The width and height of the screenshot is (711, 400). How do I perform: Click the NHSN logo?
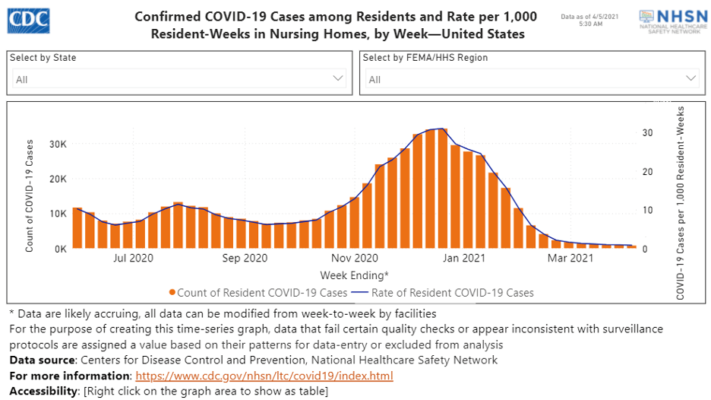click(x=668, y=21)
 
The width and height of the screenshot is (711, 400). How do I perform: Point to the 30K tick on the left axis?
click(x=58, y=144)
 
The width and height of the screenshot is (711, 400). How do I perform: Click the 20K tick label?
click(x=58, y=179)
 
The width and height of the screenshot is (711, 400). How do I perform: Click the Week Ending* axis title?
click(x=354, y=275)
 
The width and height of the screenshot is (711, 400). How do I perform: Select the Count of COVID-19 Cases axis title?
click(x=30, y=195)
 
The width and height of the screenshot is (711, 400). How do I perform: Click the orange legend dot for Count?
click(x=173, y=293)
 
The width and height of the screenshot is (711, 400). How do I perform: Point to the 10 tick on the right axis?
click(x=646, y=210)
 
